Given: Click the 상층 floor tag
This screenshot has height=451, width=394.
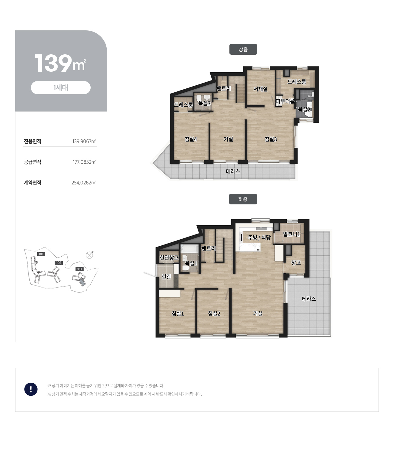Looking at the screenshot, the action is (243, 50).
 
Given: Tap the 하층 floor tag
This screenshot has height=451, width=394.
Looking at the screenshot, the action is (243, 199).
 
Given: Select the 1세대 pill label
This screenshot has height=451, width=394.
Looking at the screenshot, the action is (61, 88).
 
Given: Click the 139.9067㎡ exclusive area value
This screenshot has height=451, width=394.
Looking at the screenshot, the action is (84, 141).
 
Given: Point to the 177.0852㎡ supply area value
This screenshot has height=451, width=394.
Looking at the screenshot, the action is (84, 162).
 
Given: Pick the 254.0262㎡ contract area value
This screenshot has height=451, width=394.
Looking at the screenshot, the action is (83, 183).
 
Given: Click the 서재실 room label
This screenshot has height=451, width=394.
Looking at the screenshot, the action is (260, 89).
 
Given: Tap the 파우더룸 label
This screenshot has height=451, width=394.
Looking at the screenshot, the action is (285, 101).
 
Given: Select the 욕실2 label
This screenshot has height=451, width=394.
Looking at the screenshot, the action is (304, 109).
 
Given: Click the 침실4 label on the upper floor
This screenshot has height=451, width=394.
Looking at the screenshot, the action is (191, 139).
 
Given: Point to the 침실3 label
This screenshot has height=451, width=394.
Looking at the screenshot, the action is (271, 139).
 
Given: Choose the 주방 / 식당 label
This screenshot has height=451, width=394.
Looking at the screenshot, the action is (259, 237).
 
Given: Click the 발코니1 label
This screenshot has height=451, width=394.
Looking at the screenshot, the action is (292, 234).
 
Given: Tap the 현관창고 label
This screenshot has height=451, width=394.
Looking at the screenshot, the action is (169, 257).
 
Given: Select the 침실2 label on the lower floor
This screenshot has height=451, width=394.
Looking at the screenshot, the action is (214, 313).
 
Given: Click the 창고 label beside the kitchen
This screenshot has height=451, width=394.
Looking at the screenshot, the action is (296, 262).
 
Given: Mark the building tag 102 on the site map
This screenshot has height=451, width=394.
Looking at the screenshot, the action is (59, 263).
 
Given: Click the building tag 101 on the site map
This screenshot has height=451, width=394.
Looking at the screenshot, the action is (41, 254).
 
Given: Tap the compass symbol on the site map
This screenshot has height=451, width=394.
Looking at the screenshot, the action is (89, 255).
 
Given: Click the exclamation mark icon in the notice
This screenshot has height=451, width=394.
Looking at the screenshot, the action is (31, 389).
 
